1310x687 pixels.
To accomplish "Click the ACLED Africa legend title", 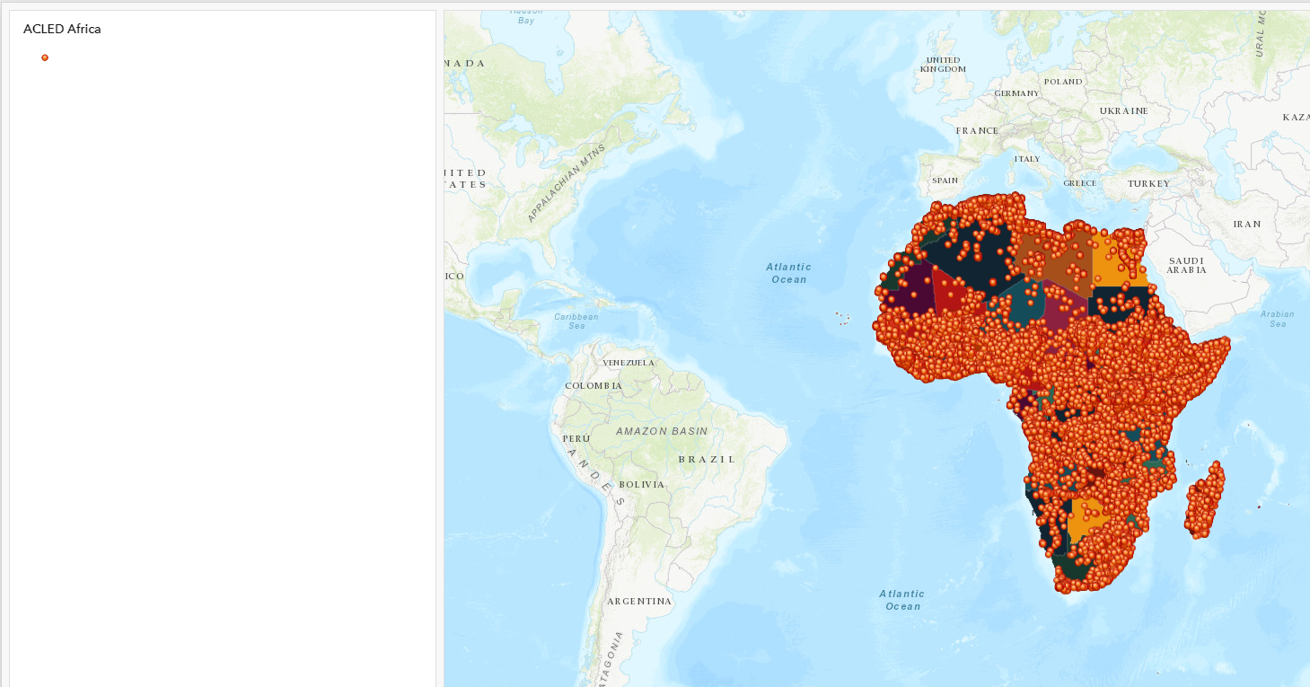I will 62,29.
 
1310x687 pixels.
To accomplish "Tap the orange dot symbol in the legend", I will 45,57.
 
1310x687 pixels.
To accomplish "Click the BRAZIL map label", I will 707,459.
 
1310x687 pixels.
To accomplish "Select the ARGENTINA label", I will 639,601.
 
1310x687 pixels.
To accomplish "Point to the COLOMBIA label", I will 593,385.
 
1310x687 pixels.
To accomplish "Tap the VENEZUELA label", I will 629,362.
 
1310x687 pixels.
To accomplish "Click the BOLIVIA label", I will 641,484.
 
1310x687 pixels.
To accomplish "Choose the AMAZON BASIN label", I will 662,431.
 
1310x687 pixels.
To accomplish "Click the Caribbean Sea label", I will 576,321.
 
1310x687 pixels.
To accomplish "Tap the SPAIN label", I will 945,181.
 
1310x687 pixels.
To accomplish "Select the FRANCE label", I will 977,130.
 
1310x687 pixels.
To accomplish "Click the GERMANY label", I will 1016,93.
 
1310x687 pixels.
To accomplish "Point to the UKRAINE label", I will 1123,110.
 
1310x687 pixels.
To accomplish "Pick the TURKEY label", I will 1149,183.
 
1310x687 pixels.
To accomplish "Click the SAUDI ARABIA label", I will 1186,265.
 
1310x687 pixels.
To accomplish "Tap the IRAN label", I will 1246,224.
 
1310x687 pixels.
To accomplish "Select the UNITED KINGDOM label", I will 943,65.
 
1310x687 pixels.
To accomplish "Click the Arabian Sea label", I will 1277,318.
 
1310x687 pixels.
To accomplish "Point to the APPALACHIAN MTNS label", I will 567,182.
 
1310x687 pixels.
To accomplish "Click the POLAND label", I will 1063,81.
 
